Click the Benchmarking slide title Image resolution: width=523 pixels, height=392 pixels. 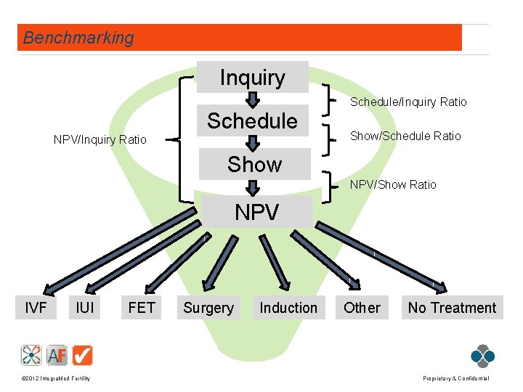(78, 38)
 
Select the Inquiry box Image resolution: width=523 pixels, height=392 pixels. (253, 77)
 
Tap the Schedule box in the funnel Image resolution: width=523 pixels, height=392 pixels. (253, 121)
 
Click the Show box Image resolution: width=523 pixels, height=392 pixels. (254, 165)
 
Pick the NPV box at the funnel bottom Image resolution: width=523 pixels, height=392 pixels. (256, 213)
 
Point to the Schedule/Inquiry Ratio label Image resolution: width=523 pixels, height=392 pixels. (408, 102)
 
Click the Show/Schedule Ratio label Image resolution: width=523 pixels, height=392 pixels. (405, 136)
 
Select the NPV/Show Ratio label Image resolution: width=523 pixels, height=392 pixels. (393, 185)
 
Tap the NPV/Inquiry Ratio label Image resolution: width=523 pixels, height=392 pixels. (100, 139)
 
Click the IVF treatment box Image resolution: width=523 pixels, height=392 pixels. (36, 308)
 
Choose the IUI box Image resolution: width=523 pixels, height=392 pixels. (85, 308)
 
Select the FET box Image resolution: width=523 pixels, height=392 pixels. (141, 308)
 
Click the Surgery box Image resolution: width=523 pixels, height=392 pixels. (208, 308)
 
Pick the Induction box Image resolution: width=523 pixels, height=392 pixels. (288, 308)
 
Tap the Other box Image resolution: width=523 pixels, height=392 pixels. (362, 308)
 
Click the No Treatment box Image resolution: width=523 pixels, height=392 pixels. (452, 308)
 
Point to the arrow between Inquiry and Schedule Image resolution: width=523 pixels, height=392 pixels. (253, 99)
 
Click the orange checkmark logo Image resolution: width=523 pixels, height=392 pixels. (83, 355)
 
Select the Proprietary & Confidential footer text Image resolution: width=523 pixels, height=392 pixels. (455, 379)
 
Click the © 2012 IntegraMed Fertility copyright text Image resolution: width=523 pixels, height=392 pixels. (56, 379)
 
